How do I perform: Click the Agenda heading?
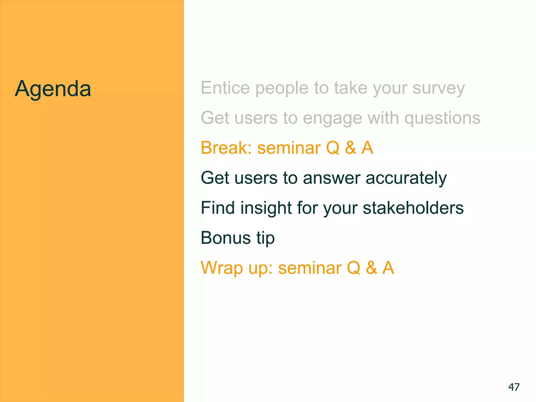[53, 89]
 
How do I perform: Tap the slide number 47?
[514, 387]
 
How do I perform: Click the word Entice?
[225, 88]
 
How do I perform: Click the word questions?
[442, 119]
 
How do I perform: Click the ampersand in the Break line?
[350, 148]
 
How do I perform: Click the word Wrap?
[222, 268]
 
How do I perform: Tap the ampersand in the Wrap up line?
[371, 268]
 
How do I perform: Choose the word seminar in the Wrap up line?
[310, 268]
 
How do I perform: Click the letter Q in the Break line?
[333, 148]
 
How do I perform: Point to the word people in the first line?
[282, 88]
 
